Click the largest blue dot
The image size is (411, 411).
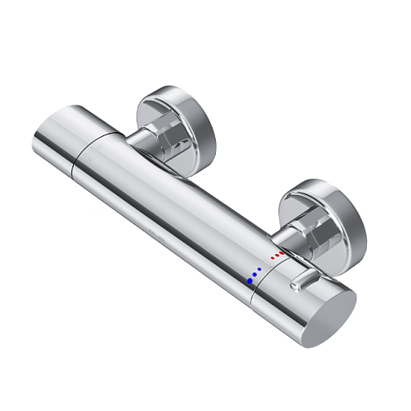coord(249,281)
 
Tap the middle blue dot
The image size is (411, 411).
coord(256,275)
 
